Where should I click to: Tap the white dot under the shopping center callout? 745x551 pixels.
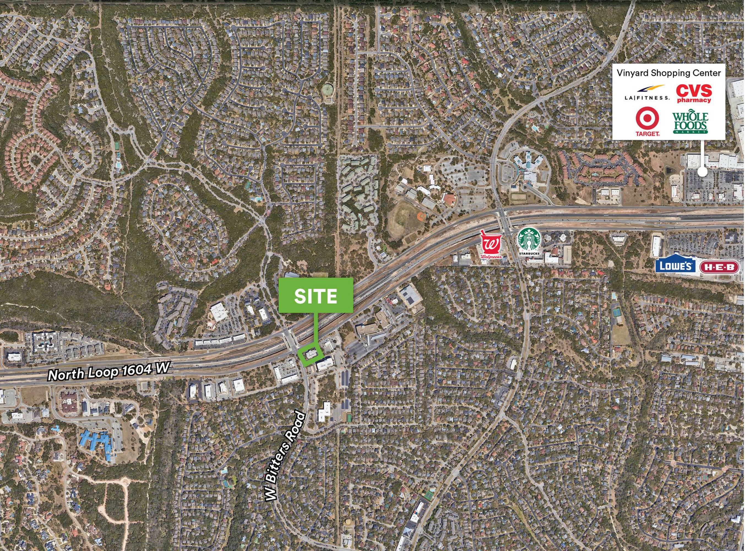click(702, 172)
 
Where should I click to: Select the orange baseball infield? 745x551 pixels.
click(421, 216)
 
